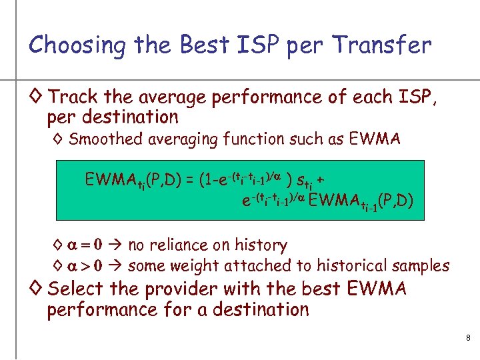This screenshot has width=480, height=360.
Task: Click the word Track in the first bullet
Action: [73, 97]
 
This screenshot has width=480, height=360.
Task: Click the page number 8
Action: [468, 339]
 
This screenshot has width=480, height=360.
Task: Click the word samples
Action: [417, 266]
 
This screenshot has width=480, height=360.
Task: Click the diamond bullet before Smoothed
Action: [59, 139]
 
